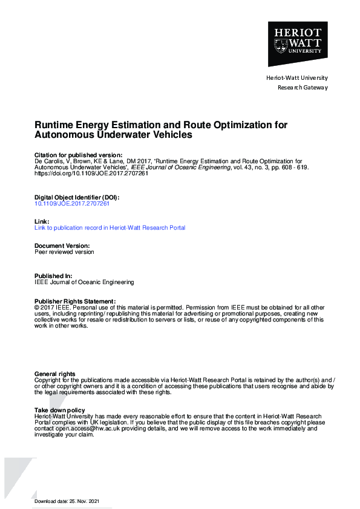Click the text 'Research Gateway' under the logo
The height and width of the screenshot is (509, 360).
coord(303,88)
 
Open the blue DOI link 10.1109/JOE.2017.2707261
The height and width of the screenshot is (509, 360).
coord(72,204)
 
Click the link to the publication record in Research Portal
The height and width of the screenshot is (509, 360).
coord(110,228)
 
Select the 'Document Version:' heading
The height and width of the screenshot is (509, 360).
coord(62,246)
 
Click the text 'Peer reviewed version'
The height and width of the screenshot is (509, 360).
coord(64,252)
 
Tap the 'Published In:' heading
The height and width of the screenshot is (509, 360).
coord(53,276)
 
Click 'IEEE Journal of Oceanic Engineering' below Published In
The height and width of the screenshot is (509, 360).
coord(84,282)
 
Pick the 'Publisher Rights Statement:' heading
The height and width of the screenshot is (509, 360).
coord(74,301)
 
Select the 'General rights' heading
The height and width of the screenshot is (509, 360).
coord(55,374)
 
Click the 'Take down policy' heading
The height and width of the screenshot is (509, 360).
coord(60,410)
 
